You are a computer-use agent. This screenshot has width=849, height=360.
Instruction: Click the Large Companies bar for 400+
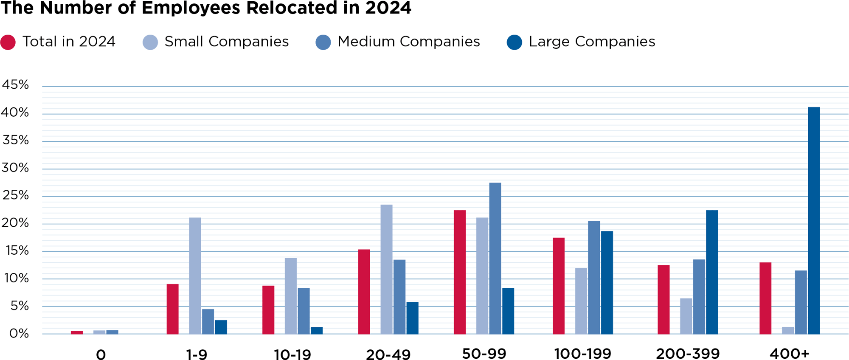coord(814,221)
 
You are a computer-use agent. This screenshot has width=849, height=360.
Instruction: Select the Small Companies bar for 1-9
coord(195,276)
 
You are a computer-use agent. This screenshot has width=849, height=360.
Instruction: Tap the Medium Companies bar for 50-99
coord(495,259)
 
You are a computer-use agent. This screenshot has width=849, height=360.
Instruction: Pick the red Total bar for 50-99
coord(460,272)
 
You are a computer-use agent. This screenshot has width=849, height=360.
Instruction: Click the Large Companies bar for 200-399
coord(712,272)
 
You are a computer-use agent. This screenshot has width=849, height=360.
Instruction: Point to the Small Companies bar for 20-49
coord(386,270)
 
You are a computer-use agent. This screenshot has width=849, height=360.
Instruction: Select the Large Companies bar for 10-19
coord(317,331)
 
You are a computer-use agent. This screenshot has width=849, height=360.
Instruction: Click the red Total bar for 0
coord(77,332)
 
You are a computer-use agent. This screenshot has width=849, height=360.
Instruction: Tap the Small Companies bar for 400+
coord(788,331)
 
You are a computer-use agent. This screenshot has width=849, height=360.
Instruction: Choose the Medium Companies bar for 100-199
coord(594,278)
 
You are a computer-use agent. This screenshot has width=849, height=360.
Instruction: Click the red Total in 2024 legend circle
coord(8,42)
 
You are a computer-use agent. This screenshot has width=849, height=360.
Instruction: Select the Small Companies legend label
coord(226,42)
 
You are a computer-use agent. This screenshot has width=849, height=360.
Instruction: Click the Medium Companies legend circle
coord(323,42)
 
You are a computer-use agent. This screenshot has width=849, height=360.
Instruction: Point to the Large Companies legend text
coord(592,42)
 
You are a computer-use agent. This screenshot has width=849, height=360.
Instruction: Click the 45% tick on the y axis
coord(15,85)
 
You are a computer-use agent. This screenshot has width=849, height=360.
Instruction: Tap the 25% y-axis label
coord(15,195)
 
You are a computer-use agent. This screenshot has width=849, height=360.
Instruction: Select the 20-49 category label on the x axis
coord(388,354)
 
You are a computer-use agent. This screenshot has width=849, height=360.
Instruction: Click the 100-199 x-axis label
coord(582,353)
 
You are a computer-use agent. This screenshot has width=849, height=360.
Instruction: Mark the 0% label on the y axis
coord(19,333)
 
